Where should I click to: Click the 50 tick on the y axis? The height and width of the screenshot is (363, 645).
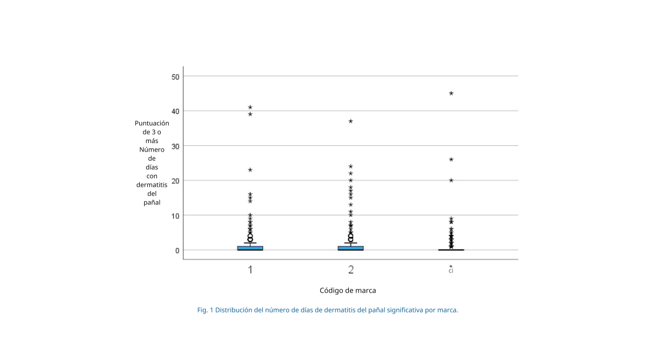click(x=175, y=76)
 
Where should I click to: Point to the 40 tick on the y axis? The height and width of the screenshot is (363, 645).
click(x=175, y=111)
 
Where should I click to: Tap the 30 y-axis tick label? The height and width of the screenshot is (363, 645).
click(x=175, y=146)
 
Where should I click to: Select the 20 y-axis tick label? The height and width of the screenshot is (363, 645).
click(x=175, y=181)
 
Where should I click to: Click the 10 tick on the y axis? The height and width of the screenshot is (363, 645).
click(x=175, y=215)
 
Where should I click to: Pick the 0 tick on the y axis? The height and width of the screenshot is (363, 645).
click(x=177, y=250)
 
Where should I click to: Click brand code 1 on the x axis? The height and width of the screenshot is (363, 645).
click(x=250, y=269)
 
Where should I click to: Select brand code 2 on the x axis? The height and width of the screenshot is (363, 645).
click(x=351, y=269)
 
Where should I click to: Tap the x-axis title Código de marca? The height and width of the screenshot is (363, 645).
click(x=348, y=290)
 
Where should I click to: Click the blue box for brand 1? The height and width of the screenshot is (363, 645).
click(x=250, y=248)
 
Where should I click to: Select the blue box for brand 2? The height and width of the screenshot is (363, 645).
click(x=351, y=248)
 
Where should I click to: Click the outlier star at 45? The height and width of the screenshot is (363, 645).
click(x=451, y=94)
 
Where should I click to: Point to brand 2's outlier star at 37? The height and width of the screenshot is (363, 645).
click(x=351, y=121)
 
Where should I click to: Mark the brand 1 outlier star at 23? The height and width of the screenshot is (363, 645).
click(x=250, y=170)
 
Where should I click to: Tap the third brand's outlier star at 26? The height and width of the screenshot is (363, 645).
click(x=451, y=159)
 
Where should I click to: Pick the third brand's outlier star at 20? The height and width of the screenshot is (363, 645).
click(x=451, y=180)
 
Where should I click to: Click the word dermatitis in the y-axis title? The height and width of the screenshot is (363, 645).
click(x=152, y=185)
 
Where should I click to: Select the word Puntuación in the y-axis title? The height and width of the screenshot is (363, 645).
click(x=152, y=123)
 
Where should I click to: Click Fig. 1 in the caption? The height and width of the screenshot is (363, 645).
click(x=205, y=310)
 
